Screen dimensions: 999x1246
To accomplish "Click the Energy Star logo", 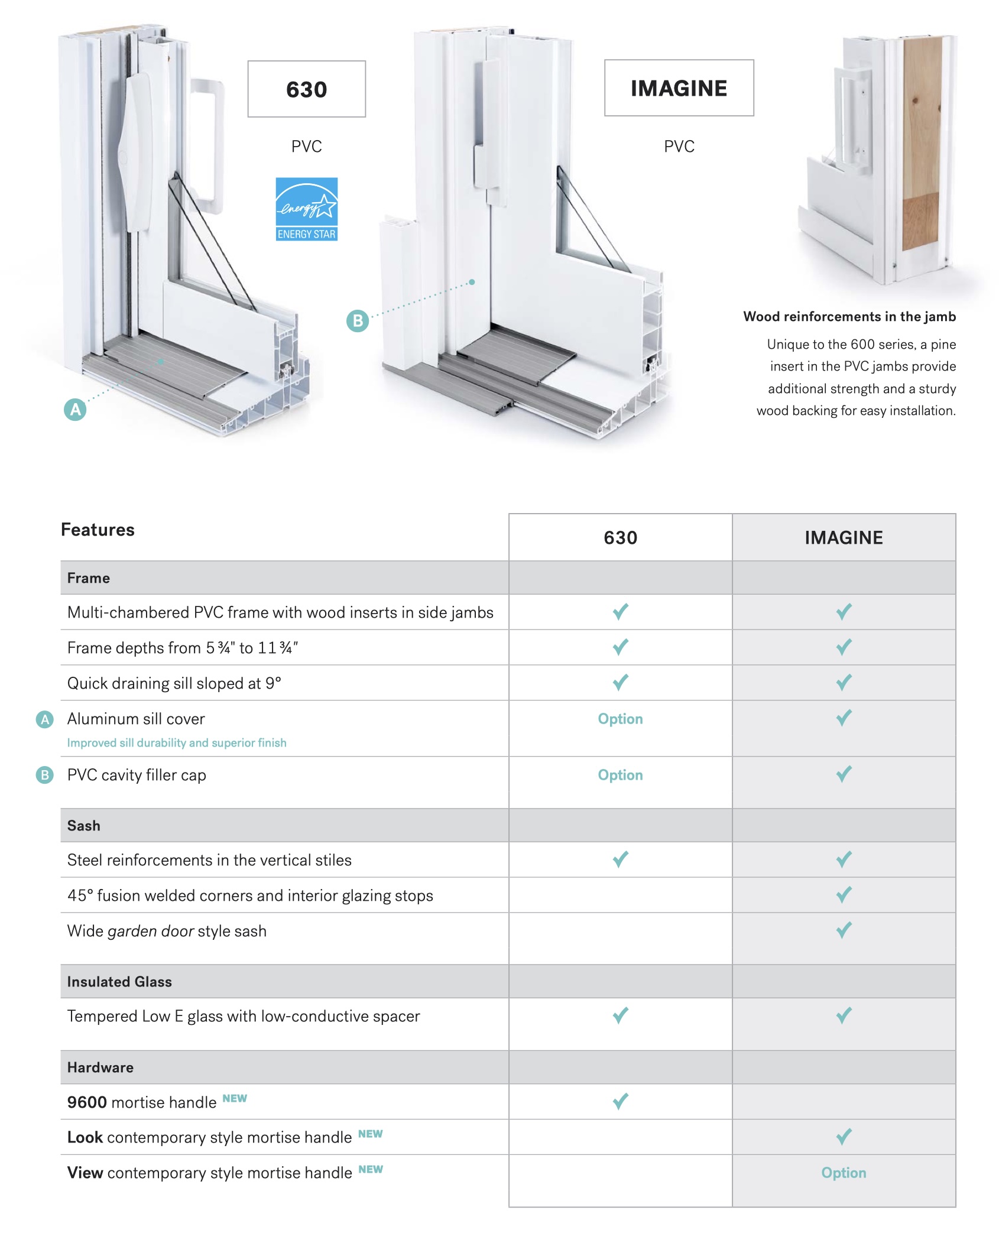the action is click(x=307, y=209).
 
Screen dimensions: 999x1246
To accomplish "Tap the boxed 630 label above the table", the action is click(x=307, y=89).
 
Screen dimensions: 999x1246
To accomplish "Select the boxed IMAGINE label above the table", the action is click(x=679, y=88).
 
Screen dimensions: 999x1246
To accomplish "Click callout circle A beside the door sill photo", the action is click(x=75, y=410).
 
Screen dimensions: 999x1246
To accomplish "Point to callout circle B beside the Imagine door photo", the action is click(x=358, y=321).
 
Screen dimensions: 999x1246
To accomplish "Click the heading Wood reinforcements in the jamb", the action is click(x=849, y=317).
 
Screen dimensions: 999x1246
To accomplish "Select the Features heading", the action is click(x=98, y=530).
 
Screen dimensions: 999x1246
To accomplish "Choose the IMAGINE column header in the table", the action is click(x=844, y=538).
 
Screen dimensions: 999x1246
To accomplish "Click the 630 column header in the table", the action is click(x=621, y=538).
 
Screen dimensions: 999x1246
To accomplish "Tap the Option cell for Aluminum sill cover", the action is click(x=621, y=719).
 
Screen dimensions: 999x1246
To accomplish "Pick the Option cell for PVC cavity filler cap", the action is click(x=621, y=775).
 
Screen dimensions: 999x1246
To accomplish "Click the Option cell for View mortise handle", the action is click(x=844, y=1173).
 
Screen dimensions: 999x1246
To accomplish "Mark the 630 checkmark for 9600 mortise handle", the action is click(x=621, y=1101).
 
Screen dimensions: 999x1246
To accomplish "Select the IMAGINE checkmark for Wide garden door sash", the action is click(x=844, y=930).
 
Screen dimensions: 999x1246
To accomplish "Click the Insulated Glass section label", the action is click(x=119, y=982).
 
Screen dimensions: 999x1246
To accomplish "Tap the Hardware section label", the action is click(x=100, y=1067).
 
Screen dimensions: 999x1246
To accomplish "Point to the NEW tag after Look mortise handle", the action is click(x=371, y=1134).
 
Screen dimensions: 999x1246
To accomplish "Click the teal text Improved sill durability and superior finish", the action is click(x=177, y=743).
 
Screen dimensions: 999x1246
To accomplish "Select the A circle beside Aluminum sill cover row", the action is click(x=45, y=719).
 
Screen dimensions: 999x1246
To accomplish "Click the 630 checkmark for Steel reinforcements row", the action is click(x=621, y=859).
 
